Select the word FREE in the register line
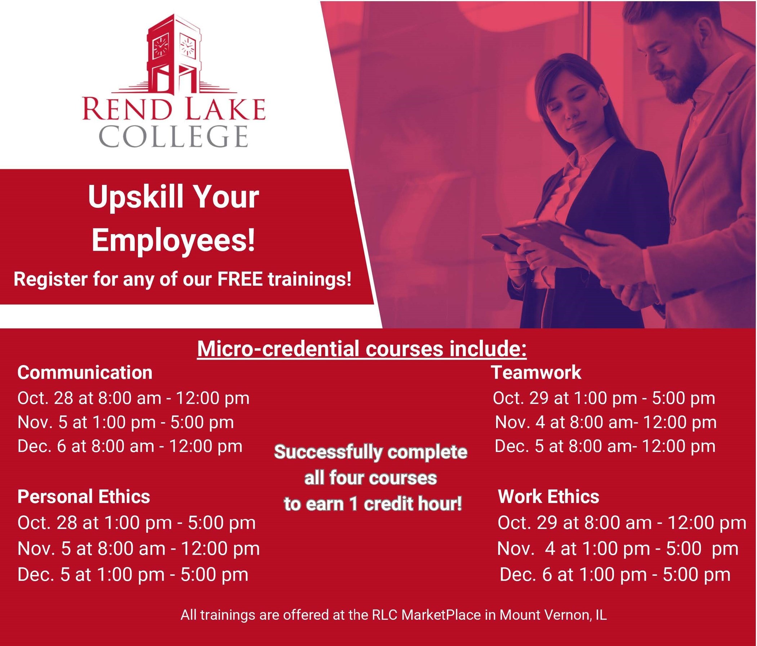pos(240,280)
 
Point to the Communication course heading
pos(85,373)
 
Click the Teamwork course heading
pos(536,373)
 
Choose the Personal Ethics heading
pos(84,497)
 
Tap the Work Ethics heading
pos(548,497)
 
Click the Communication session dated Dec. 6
pos(130,446)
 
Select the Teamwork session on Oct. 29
pos(604,398)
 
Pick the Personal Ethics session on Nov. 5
pos(138,549)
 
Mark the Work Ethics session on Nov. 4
pos(618,549)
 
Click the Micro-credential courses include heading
pos(362,349)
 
